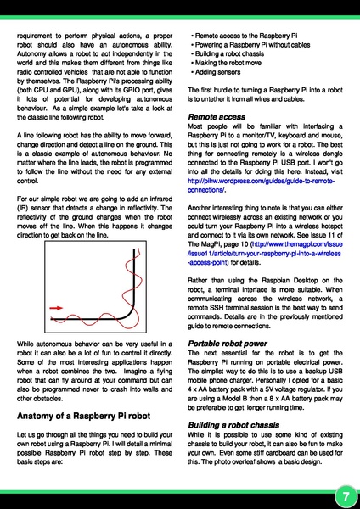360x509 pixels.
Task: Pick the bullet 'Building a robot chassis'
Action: (x=227, y=63)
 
